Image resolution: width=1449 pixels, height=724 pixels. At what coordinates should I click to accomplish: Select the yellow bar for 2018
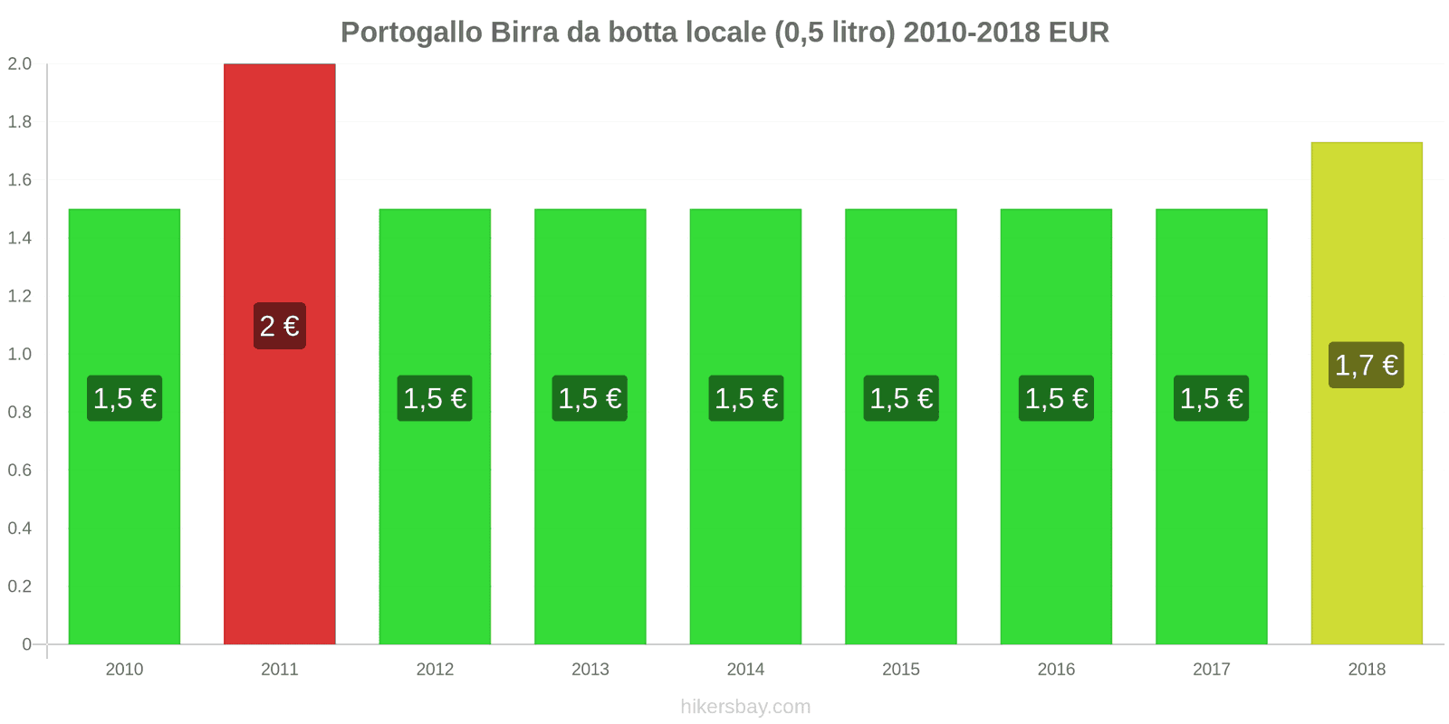click(x=1366, y=507)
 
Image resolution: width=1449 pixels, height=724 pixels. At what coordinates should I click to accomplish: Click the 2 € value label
click(x=279, y=326)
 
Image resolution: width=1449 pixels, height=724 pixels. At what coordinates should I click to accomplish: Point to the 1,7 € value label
click(x=1366, y=365)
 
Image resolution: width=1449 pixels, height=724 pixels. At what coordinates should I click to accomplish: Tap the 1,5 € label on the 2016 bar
click(x=1056, y=398)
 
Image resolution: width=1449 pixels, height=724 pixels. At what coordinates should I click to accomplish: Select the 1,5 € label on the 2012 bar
click(x=435, y=398)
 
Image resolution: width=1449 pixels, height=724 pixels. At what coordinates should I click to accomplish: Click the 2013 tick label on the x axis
click(x=590, y=670)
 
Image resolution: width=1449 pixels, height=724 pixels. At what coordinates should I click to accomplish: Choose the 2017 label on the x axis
click(x=1211, y=670)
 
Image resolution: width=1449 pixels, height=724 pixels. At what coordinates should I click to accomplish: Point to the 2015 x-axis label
click(x=900, y=670)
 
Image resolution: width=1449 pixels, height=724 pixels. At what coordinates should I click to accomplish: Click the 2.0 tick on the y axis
click(x=20, y=64)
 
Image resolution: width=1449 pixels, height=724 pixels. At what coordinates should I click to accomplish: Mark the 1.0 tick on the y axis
click(x=20, y=354)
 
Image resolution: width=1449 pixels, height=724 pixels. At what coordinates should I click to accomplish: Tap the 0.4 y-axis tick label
click(x=20, y=529)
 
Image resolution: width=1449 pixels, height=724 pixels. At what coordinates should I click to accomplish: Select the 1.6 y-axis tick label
click(x=20, y=180)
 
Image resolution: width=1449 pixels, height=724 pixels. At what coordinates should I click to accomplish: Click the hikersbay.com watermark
click(x=745, y=707)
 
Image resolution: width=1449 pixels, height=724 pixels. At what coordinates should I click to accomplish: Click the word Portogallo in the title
click(x=411, y=33)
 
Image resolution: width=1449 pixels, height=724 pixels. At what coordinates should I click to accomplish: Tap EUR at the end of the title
click(x=1079, y=33)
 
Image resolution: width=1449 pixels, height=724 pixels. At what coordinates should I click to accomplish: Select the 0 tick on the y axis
click(x=26, y=644)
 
